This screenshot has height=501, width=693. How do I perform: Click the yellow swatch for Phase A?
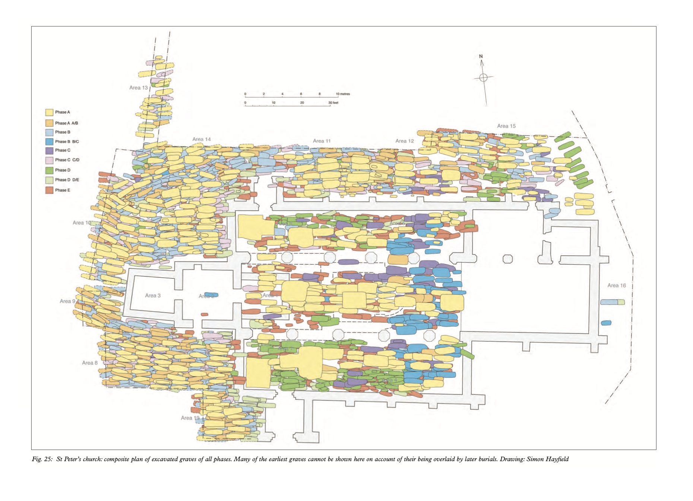click(49, 112)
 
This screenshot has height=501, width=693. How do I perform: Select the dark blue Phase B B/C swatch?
click(49, 142)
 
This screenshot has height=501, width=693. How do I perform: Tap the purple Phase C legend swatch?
click(49, 151)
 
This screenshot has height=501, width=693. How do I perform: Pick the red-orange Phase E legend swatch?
click(49, 190)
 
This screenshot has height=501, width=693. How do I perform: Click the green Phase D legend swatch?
click(49, 170)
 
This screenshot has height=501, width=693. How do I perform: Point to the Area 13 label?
click(139, 88)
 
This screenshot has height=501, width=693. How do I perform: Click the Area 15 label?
click(506, 126)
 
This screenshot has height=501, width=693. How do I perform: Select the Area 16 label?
click(617, 285)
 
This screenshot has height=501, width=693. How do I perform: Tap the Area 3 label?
click(153, 296)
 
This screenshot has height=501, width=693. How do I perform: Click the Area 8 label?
click(90, 363)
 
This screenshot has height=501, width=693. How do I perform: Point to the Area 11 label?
click(322, 141)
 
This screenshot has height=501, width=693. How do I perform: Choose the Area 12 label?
click(405, 141)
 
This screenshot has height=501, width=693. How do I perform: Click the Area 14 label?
click(202, 140)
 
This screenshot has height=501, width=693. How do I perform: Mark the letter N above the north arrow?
click(481, 57)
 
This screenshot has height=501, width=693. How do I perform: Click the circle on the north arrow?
click(483, 77)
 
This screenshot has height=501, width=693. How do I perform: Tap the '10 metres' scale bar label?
click(343, 94)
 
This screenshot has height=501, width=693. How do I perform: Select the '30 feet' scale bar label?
click(333, 103)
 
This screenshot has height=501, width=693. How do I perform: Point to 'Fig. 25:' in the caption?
click(42, 459)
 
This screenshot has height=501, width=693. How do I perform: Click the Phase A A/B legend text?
click(67, 123)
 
